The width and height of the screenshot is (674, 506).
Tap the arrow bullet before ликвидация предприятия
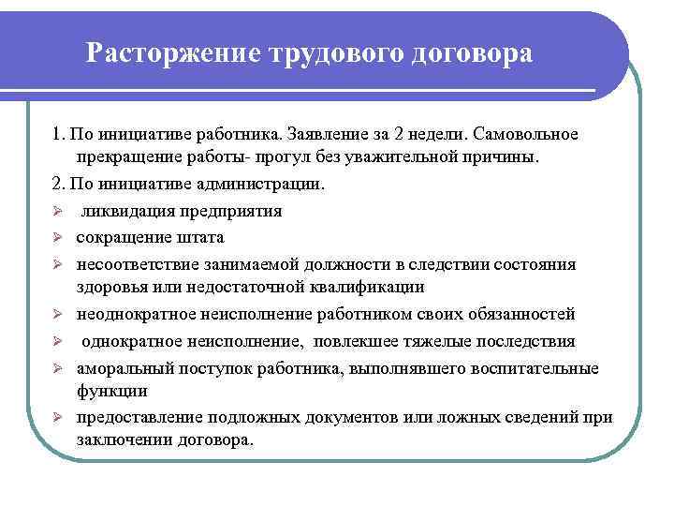point(57,211)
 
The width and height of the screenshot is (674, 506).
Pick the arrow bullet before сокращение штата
point(57,237)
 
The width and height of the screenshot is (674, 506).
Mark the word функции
point(108,391)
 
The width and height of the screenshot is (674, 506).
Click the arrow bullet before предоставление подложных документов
point(57,417)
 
